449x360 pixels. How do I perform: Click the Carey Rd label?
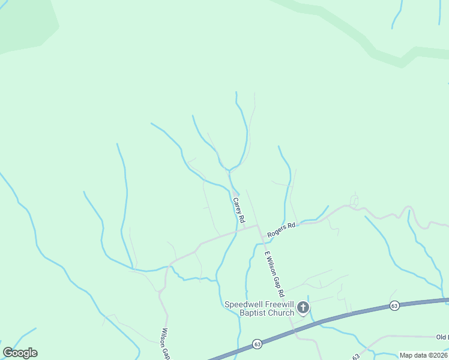coord(238,211)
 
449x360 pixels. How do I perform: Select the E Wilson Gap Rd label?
coord(274,274)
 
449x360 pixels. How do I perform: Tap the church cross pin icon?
coord(304,309)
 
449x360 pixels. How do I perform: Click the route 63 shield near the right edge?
coord(394,305)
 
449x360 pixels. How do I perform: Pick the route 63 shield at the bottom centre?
coord(258,344)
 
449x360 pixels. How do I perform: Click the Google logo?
coord(20,353)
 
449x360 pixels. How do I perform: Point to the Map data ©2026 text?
coord(423,355)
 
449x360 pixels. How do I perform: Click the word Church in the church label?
coord(280,313)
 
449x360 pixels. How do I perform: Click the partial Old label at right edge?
coord(443,337)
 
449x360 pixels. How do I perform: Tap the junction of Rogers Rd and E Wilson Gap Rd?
coord(258,226)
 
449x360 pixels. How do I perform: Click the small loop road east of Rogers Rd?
coord(354,200)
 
